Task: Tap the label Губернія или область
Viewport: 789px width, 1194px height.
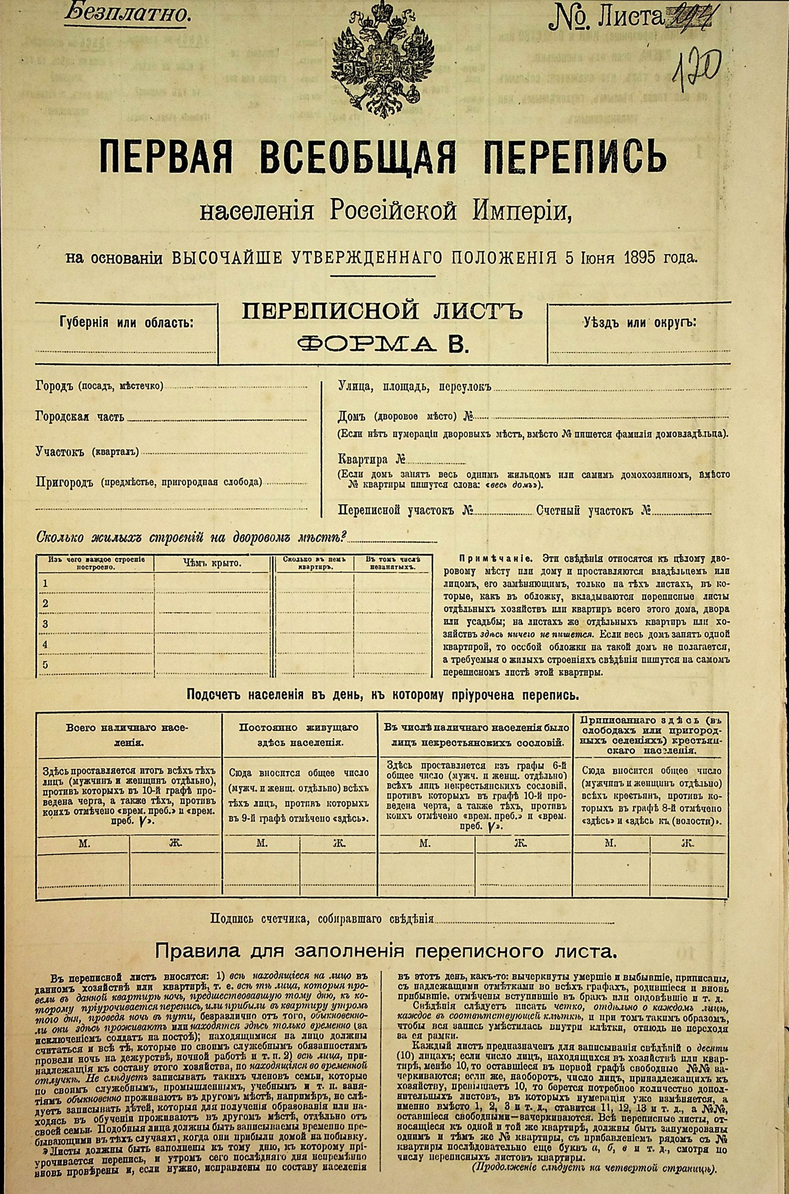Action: tap(126, 323)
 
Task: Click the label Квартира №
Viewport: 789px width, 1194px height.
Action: tap(371, 460)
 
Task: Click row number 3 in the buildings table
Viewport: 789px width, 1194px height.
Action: tap(46, 624)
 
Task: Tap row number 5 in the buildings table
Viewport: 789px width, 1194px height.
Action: tap(46, 665)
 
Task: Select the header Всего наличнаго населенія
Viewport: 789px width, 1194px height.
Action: tap(128, 734)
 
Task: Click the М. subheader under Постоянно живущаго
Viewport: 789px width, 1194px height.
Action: tap(261, 843)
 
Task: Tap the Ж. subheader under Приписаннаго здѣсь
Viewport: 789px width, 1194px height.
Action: tap(687, 843)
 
